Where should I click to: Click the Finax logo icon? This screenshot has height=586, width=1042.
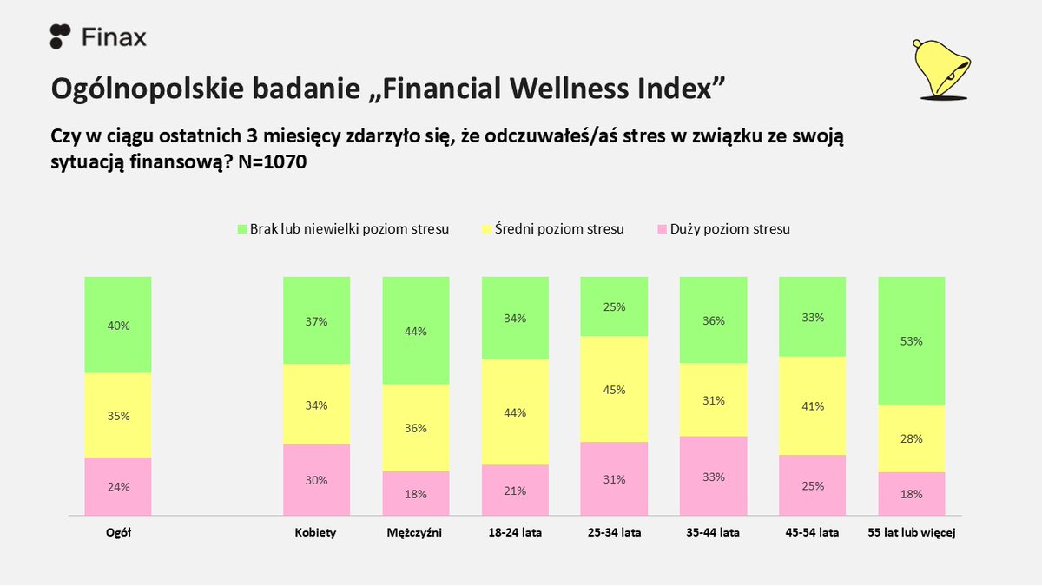(60, 36)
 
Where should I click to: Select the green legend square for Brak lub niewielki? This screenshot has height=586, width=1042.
(241, 229)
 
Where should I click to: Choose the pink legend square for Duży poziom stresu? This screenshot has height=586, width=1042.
(662, 229)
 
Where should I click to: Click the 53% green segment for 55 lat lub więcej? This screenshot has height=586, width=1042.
(912, 340)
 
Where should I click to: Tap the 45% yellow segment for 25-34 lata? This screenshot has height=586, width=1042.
(614, 389)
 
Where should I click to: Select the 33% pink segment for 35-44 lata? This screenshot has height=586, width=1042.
(713, 476)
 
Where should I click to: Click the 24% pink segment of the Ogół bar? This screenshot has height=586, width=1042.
(118, 486)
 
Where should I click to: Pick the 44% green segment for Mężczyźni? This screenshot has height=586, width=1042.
(416, 330)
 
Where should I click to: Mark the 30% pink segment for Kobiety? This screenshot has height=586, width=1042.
(317, 480)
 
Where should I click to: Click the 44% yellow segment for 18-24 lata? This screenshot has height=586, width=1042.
(515, 412)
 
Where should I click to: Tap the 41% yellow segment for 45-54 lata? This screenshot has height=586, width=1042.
(812, 405)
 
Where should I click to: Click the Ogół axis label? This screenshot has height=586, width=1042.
(118, 533)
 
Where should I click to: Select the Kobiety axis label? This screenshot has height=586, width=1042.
(316, 533)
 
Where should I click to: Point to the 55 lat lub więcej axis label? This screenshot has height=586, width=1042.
(912, 533)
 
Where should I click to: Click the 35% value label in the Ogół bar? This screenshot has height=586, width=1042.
(118, 416)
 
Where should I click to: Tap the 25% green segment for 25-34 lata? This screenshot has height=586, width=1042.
(614, 306)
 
